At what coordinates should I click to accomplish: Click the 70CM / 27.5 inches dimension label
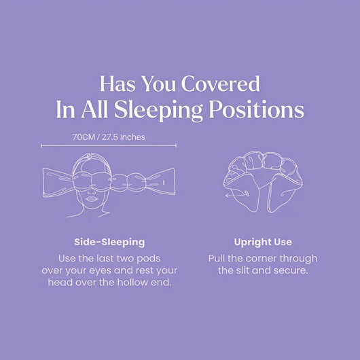coord(109,137)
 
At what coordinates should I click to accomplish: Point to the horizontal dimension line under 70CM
coord(109,145)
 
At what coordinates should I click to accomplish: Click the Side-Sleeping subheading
coord(109,242)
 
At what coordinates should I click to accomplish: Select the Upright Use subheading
coord(263,242)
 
